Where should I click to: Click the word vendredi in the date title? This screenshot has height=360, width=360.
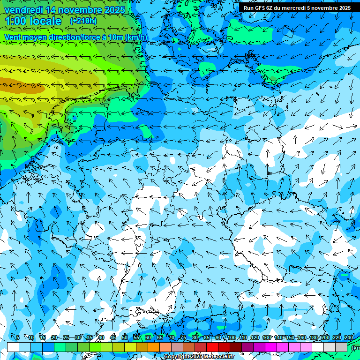click(x=22, y=10)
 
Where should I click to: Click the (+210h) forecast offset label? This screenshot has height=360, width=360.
click(x=83, y=21)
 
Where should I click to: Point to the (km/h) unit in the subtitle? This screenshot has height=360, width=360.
click(x=136, y=37)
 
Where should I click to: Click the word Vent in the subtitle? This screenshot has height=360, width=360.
click(x=13, y=37)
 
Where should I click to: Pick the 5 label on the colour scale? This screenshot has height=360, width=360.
click(x=18, y=337)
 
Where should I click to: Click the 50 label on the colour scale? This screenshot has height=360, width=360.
click(x=124, y=337)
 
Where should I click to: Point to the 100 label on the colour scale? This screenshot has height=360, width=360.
click(x=231, y=337)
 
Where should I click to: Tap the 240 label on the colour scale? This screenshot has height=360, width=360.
click(x=348, y=337)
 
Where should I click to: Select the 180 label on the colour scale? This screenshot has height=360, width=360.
click(x=313, y=337)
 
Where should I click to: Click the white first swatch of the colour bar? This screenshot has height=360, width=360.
click(x=13, y=347)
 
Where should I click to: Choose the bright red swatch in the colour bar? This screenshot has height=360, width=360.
click(x=212, y=347)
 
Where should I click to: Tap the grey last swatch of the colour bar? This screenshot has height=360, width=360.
click(x=341, y=347)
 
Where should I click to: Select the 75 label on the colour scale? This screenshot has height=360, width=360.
click(x=183, y=337)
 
